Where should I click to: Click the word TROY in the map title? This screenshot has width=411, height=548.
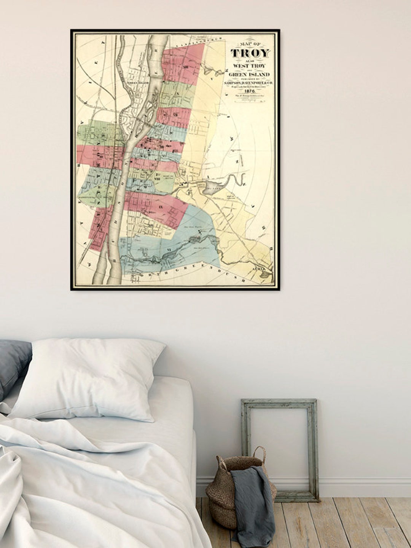[x=250, y=53]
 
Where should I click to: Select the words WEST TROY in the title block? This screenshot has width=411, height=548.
[x=250, y=66]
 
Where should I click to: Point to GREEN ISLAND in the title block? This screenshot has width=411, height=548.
[x=250, y=75]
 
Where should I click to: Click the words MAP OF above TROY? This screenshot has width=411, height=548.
[x=250, y=43]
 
